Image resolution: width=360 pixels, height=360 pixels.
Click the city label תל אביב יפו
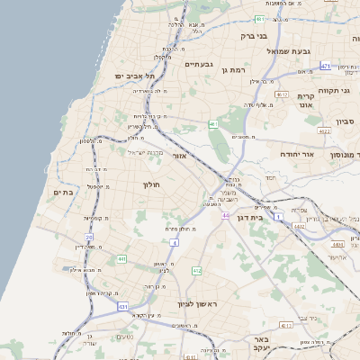(x=134, y=77)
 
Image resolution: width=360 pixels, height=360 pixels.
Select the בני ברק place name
(x=256, y=37)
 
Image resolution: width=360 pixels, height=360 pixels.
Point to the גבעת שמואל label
(x=292, y=51)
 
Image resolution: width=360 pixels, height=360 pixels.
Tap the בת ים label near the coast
(x=62, y=192)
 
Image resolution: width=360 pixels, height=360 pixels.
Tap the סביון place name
(x=346, y=121)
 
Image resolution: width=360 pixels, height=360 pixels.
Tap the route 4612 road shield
(x=282, y=94)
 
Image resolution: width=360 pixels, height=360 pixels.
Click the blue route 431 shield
(x=121, y=307)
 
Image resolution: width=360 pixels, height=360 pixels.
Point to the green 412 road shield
(x=196, y=270)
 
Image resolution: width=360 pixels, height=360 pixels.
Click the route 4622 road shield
(x=323, y=131)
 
